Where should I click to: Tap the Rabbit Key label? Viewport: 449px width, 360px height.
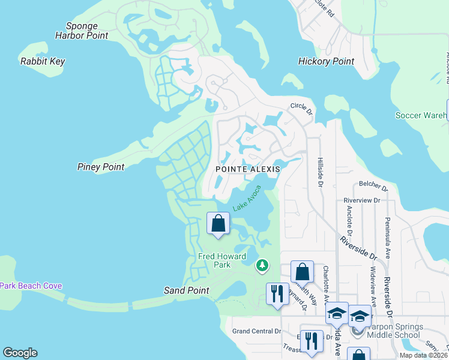pos(43,61)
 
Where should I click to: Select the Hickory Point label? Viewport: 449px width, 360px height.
pos(326,61)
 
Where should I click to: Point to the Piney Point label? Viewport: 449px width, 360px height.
pos(101,167)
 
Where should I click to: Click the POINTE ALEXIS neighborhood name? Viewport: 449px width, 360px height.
pos(248,169)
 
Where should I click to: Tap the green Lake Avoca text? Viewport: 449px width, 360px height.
pos(247,198)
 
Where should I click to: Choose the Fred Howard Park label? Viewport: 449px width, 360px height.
pos(222,260)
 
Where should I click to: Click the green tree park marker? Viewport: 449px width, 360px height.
pos(262,265)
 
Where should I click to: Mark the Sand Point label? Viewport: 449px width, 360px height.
pos(187,290)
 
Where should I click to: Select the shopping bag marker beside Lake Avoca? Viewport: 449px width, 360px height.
pos(218,223)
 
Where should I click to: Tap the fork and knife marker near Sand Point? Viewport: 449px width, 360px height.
pos(277,293)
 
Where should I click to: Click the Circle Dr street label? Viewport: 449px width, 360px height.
pos(302,108)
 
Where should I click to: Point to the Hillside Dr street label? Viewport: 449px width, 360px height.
pos(319,172)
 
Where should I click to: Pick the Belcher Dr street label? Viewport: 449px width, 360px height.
pos(370,184)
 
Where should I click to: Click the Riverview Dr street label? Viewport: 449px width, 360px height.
pos(362,200)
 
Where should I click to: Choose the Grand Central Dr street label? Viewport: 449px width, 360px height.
pos(256,331)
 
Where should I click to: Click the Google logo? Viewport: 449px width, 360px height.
pos(20,353)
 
